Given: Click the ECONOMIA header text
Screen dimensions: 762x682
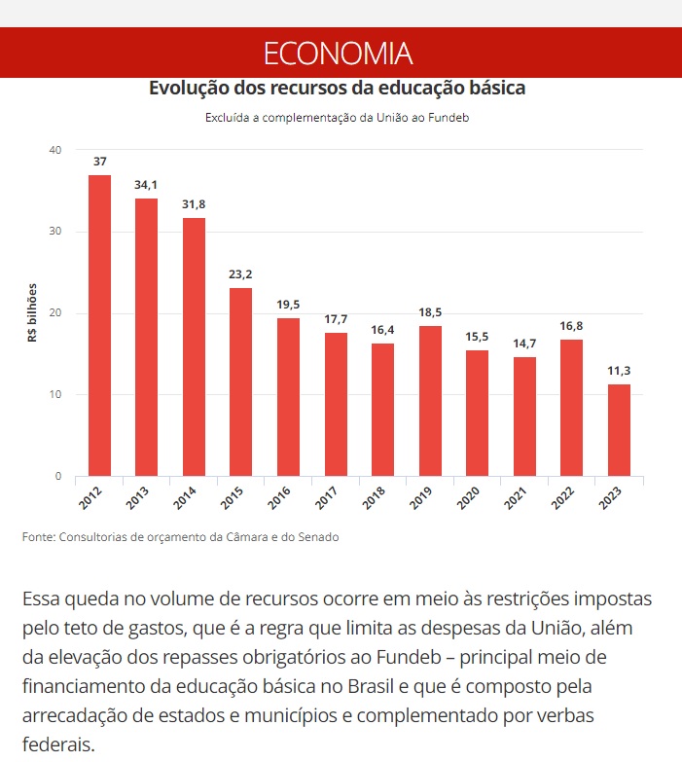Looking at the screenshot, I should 338,53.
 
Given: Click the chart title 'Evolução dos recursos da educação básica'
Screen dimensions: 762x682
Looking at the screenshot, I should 337,88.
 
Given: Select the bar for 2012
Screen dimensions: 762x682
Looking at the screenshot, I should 99,325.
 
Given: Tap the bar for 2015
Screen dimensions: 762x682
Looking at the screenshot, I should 240,381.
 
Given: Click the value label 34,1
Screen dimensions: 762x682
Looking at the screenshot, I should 147,184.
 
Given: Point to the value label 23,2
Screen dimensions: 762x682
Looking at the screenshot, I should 240,273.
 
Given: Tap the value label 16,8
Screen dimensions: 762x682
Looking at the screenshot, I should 572,325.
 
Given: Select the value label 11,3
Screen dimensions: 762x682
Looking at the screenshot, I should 619,370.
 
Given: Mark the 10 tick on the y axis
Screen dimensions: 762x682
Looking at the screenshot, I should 55,394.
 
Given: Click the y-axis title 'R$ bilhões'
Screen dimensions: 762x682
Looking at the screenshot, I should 31,313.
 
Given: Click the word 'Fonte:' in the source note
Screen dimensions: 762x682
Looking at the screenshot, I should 38,537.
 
